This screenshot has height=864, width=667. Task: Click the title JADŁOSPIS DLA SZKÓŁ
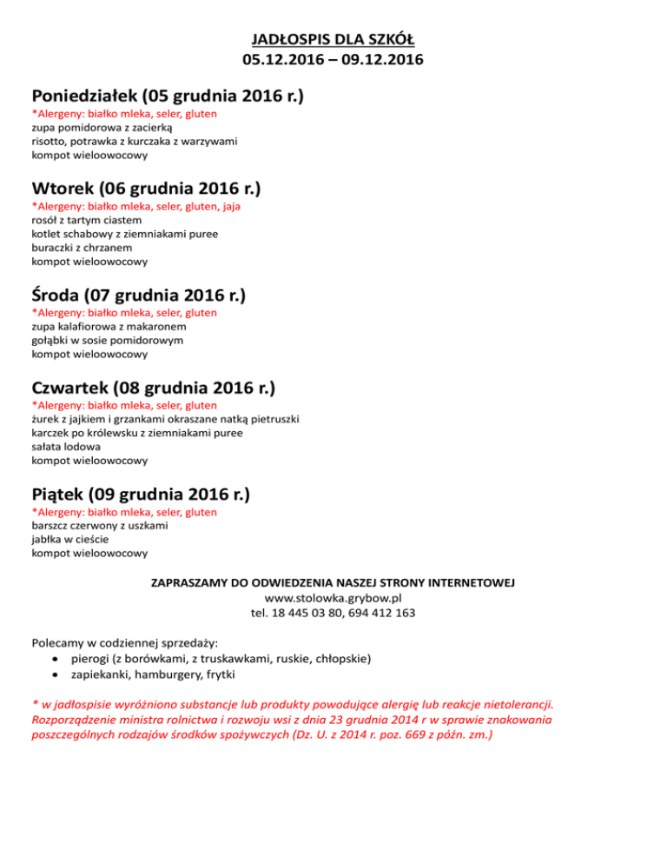[333, 39]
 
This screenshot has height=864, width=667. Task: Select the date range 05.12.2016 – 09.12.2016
[333, 61]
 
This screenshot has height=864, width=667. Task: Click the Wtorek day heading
[146, 188]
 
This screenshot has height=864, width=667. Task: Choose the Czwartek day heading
[159, 388]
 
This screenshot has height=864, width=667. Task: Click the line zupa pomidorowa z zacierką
[90, 127]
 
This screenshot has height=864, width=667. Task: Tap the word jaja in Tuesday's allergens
[231, 207]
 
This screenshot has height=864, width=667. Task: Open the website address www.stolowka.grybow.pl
[333, 598]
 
